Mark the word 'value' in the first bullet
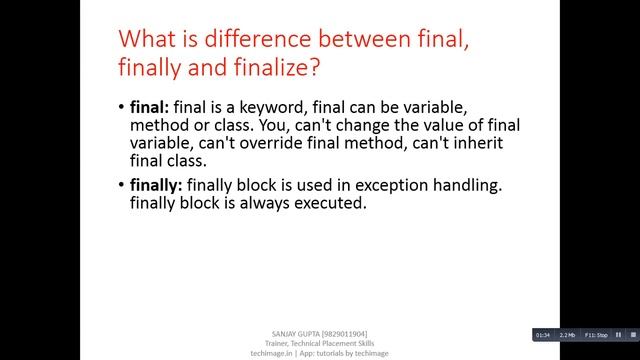click(x=428, y=125)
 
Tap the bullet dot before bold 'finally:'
click(x=120, y=186)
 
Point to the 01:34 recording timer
click(x=542, y=334)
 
